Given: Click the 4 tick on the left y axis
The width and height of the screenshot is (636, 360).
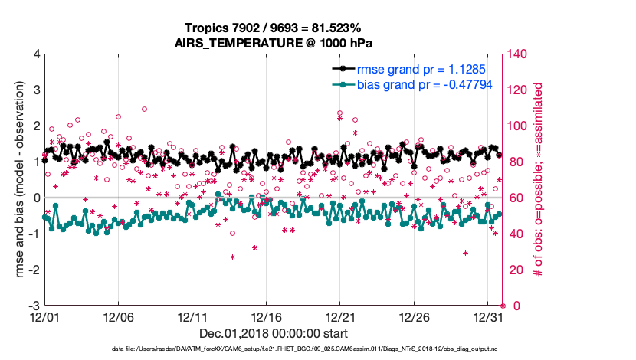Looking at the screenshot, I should [36, 54].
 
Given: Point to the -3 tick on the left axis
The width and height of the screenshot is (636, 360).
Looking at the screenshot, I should [34, 306].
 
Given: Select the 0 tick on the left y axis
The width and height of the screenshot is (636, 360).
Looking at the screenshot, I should [36, 198].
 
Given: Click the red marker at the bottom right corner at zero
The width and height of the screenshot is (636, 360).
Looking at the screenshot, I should [503, 306].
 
